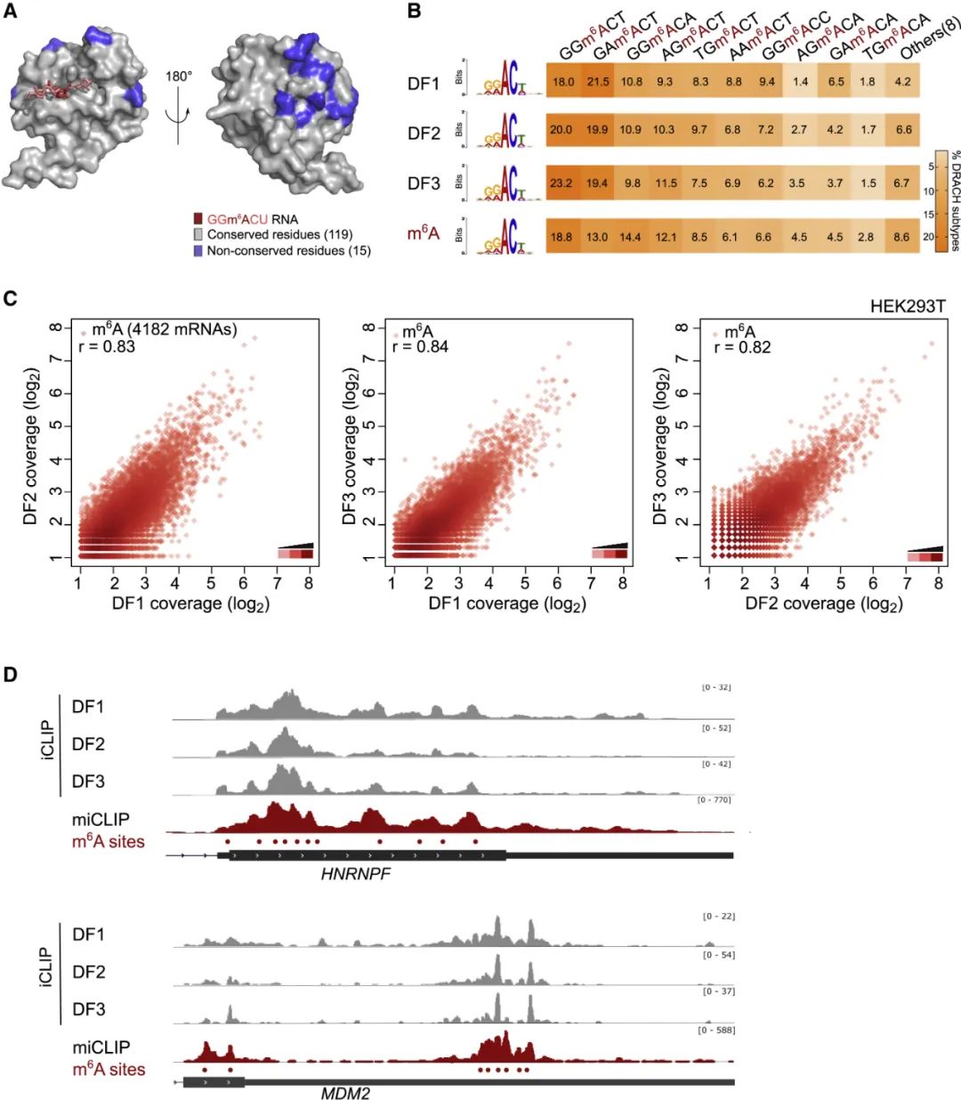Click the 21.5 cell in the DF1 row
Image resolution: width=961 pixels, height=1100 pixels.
(x=598, y=82)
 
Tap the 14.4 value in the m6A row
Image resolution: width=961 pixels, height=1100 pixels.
(x=631, y=237)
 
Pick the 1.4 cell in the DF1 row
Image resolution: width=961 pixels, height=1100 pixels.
(x=800, y=82)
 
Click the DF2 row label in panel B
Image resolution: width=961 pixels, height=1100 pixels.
(x=424, y=133)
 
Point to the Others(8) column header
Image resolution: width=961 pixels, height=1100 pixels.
(x=929, y=37)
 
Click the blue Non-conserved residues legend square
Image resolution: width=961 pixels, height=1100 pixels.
(x=198, y=251)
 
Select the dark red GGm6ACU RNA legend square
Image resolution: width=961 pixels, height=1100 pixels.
(x=198, y=219)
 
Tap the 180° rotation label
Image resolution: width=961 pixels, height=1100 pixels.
(x=178, y=77)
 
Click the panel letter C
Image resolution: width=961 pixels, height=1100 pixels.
(x=11, y=298)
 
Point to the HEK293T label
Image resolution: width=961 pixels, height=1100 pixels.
(x=908, y=306)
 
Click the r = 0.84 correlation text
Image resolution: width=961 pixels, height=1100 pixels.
(x=420, y=346)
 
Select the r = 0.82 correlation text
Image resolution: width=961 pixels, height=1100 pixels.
(x=742, y=346)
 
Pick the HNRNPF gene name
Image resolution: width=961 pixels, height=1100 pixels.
(x=356, y=874)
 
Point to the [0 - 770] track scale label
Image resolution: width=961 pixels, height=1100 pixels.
(x=715, y=800)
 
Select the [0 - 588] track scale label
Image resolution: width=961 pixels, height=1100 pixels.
(x=717, y=1030)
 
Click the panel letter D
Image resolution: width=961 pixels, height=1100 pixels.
(x=11, y=674)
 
